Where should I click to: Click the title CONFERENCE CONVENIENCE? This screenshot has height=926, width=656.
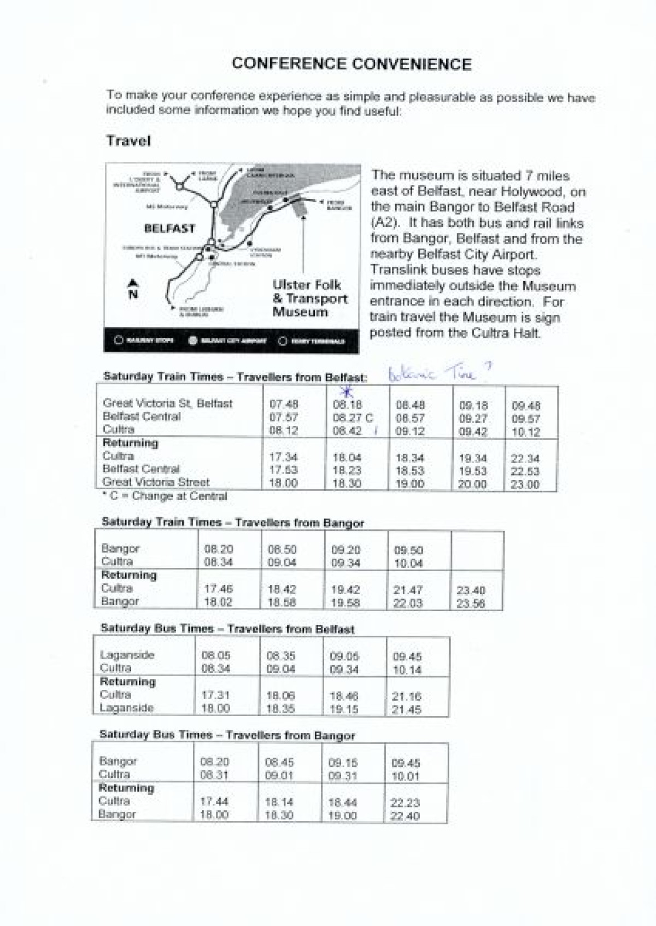[x=352, y=64]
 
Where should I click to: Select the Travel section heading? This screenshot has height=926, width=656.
[x=128, y=141]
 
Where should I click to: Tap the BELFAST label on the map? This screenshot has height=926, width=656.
[x=169, y=228]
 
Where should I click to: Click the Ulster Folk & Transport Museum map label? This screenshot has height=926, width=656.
[x=309, y=298]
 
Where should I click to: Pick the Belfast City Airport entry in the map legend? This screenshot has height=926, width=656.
[x=228, y=341]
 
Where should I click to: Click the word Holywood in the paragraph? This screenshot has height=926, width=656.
[x=535, y=191]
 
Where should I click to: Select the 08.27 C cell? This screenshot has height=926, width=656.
[x=353, y=418]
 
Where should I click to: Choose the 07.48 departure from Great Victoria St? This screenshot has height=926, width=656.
[x=284, y=405]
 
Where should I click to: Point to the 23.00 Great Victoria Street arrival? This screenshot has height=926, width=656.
[x=525, y=484]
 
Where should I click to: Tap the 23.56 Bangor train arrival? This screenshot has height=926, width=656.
[x=471, y=603]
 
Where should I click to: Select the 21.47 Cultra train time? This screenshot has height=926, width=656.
[x=408, y=590]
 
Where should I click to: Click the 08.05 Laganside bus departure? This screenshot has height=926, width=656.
[x=216, y=655]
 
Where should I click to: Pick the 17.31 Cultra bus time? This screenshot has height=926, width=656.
[x=215, y=695]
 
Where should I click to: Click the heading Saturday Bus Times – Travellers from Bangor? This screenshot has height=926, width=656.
[x=227, y=735]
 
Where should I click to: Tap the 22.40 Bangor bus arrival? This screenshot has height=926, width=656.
[x=405, y=816]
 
